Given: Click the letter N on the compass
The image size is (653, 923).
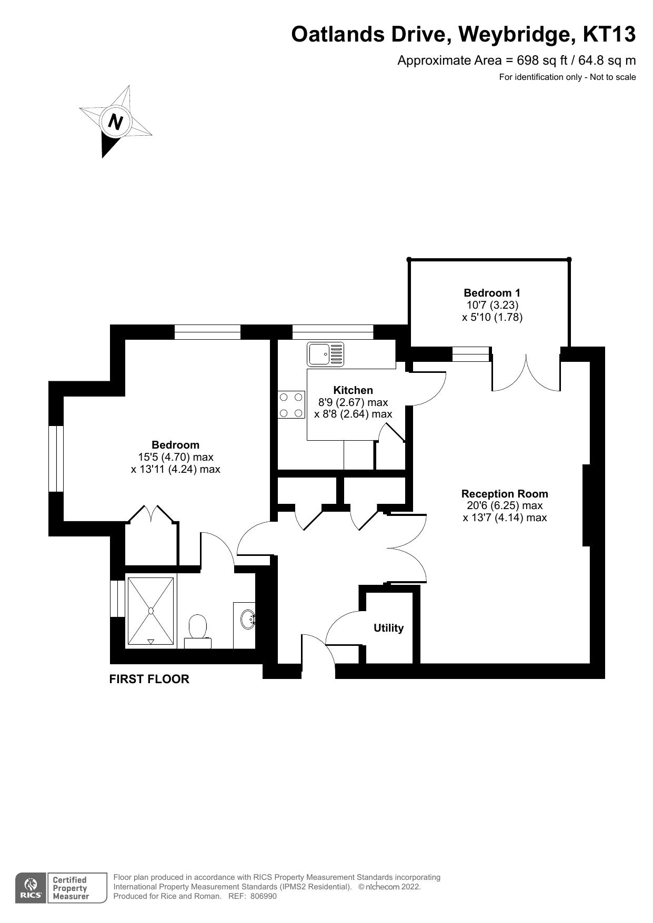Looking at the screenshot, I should [x=115, y=122].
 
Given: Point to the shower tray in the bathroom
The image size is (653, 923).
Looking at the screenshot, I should [x=150, y=611].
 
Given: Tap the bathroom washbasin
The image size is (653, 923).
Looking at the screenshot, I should [x=247, y=619].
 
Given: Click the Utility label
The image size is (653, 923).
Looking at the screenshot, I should [x=388, y=628].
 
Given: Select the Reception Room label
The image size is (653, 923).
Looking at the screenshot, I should [x=504, y=494].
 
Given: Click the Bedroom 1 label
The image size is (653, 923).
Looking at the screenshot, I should [x=491, y=293].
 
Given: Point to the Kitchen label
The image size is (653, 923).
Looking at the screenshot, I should [x=353, y=390].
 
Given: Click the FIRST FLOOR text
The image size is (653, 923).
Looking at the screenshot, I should [x=149, y=679].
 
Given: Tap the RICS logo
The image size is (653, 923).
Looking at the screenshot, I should [x=31, y=888].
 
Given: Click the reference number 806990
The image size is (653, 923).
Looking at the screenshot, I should [x=263, y=896].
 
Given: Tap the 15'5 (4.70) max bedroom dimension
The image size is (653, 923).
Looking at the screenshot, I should [x=175, y=457].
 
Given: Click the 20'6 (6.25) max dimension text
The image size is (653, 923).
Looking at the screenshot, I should [x=504, y=505].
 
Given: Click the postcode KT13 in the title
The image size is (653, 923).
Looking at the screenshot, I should [x=609, y=34].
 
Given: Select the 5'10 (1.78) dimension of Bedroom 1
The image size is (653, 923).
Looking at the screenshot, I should [x=491, y=317].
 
